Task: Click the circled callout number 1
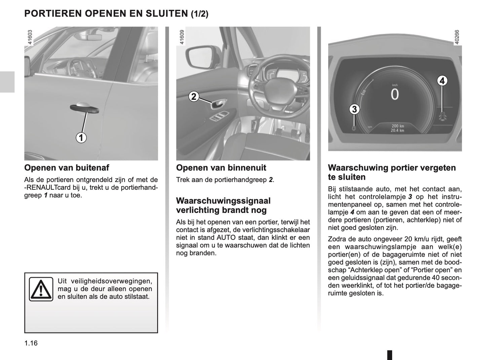[81, 138]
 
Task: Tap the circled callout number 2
[193, 97]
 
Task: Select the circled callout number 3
[354, 109]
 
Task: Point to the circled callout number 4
[442, 81]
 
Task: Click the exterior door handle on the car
[84, 108]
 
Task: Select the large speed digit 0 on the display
[395, 95]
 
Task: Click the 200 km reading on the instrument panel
[397, 126]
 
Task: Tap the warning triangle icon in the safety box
[41, 289]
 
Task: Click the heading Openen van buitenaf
[67, 168]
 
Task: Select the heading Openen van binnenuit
[221, 168]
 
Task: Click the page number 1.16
[31, 343]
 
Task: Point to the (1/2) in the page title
[199, 14]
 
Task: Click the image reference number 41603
[30, 37]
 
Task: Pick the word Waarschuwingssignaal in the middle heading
[223, 201]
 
